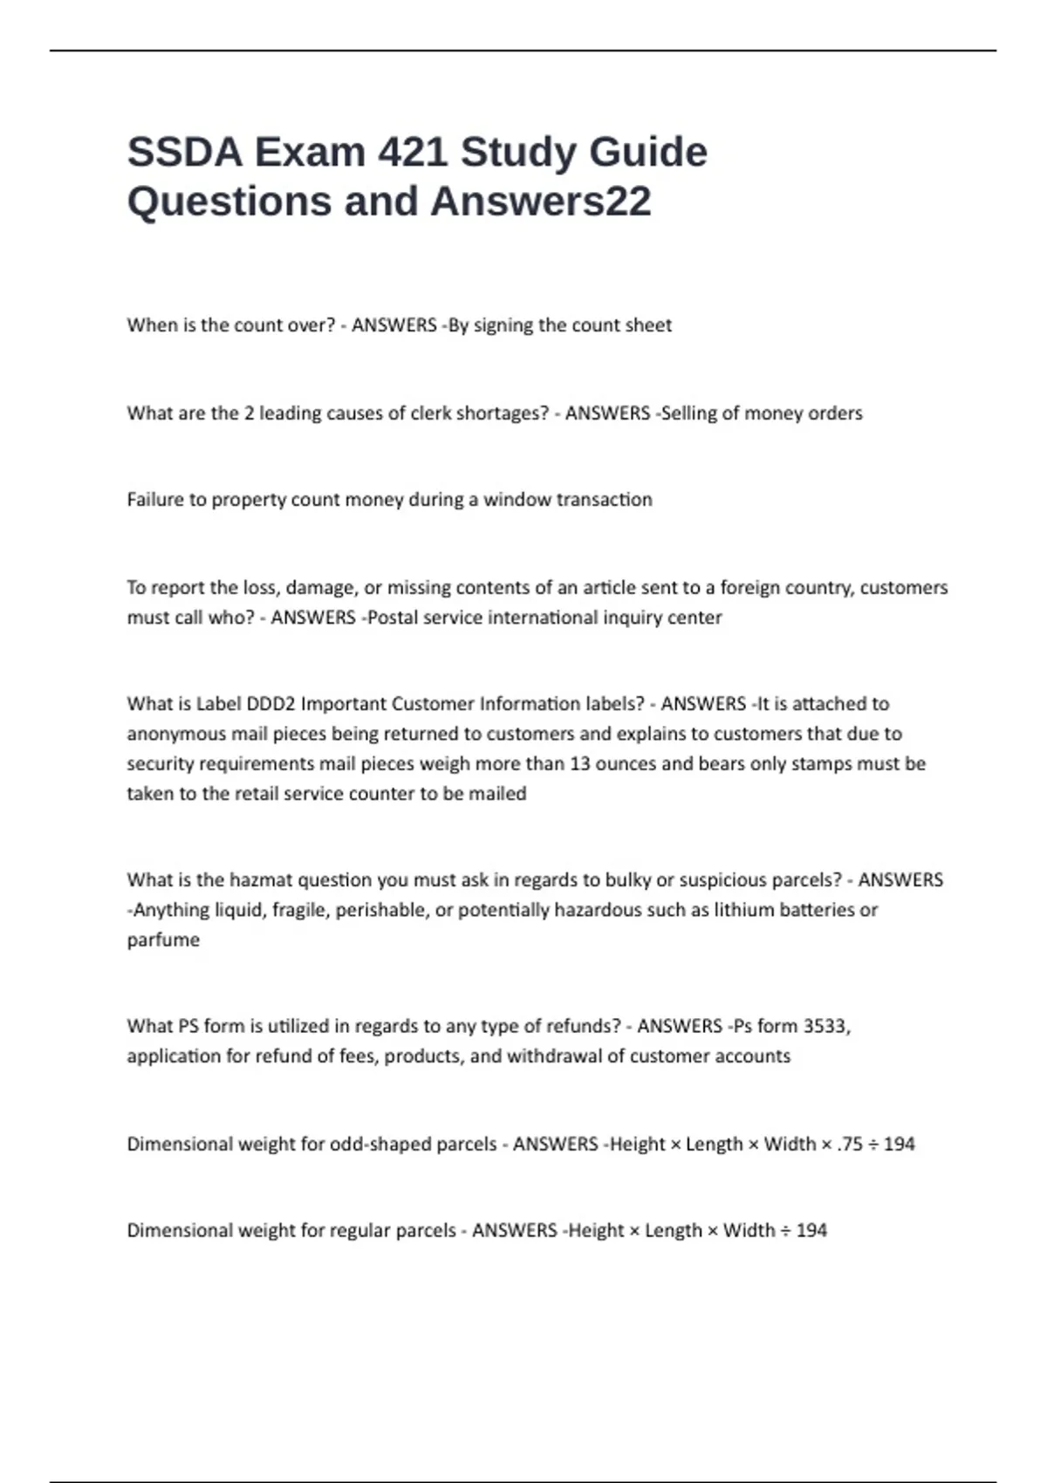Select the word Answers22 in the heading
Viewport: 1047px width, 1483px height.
click(x=540, y=202)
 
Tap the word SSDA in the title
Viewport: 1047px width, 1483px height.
click(x=184, y=153)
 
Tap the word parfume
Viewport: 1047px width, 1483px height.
click(x=163, y=940)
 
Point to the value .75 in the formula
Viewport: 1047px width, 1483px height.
click(x=850, y=1144)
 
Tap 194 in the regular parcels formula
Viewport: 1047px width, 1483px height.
click(x=811, y=1231)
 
